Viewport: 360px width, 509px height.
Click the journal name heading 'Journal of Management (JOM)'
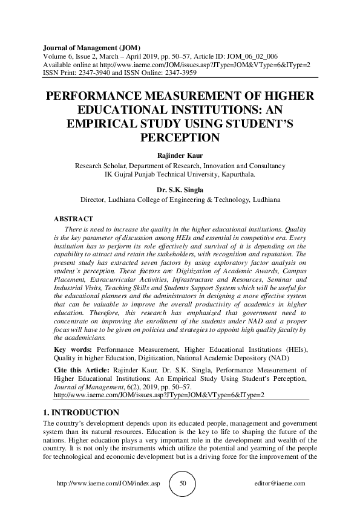[x=91, y=47]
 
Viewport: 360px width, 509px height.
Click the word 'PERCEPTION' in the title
[x=180, y=137]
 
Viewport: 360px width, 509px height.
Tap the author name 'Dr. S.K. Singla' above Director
[x=180, y=189]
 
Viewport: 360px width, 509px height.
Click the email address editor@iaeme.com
[x=281, y=484]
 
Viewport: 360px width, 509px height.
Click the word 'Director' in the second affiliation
[x=94, y=199]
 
